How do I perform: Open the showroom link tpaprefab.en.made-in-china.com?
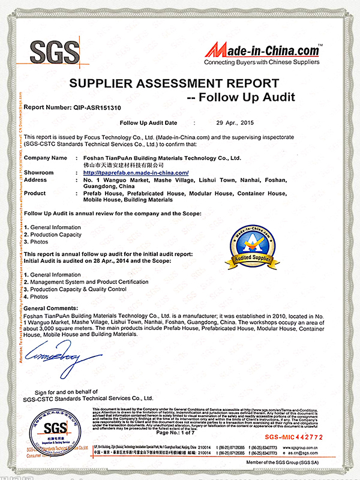click(x=136, y=173)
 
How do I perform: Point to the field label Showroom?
click(x=38, y=173)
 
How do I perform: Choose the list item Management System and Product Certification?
click(x=89, y=282)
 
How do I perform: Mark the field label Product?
click(x=35, y=193)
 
